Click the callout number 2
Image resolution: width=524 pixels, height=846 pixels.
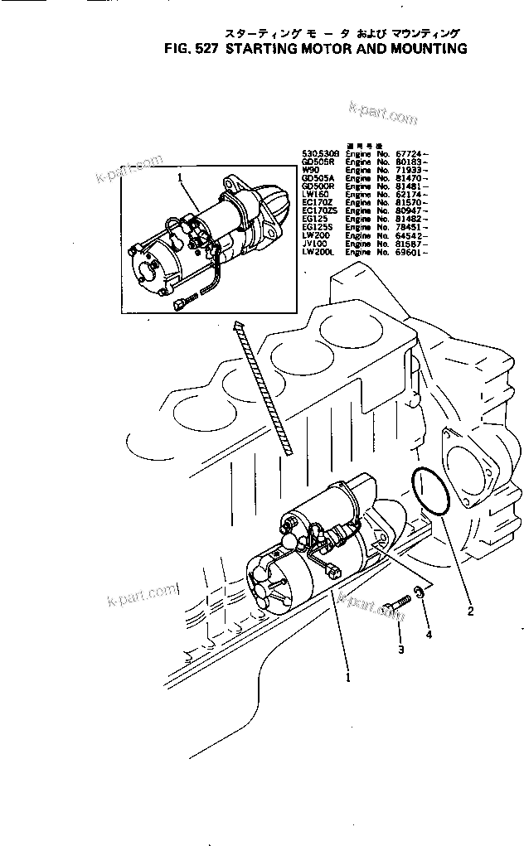(x=470, y=612)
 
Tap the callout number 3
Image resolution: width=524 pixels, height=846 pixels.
(x=400, y=649)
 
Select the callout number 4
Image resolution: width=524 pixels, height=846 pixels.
(x=429, y=635)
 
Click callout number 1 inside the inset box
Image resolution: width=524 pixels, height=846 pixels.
(x=179, y=176)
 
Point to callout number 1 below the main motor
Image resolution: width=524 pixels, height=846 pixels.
(x=348, y=676)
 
